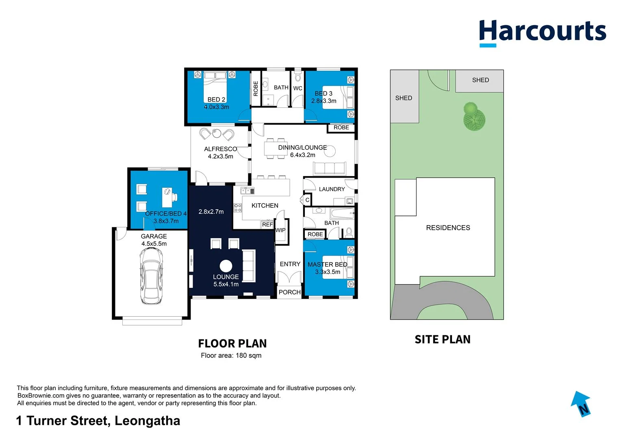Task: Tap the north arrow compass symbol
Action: (581, 404)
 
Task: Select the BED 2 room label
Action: (216, 100)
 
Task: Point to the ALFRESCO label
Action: (220, 149)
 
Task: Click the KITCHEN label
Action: (265, 206)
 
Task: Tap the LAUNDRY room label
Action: (332, 189)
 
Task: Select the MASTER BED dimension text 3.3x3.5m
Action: (328, 272)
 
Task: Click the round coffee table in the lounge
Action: (226, 266)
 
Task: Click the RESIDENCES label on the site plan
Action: (448, 228)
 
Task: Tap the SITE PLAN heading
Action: (442, 339)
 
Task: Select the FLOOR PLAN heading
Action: (232, 344)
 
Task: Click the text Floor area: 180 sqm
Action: (231, 356)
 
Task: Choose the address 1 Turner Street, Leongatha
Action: (98, 421)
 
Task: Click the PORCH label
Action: (289, 292)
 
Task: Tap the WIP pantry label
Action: (280, 230)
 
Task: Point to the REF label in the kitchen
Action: (267, 225)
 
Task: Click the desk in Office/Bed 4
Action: (167, 197)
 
